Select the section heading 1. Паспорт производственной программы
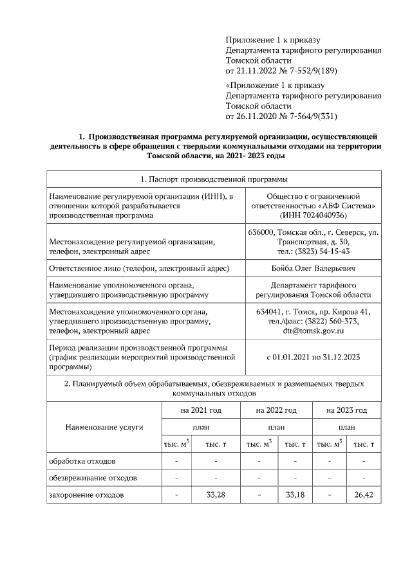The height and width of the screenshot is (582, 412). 213,179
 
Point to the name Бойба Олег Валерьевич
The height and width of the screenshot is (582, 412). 314,268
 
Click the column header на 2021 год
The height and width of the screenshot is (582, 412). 201,410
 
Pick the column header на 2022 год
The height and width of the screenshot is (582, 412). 276,410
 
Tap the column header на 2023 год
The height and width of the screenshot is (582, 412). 346,410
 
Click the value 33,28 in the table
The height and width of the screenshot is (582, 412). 215,495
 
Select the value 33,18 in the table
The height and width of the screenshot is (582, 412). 295,495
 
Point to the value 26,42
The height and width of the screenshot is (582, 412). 364,495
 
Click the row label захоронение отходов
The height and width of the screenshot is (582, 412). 87,495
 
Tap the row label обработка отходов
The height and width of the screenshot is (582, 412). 82,461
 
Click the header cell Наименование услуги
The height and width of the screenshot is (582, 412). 104,426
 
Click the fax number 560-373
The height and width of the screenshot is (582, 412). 343,322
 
